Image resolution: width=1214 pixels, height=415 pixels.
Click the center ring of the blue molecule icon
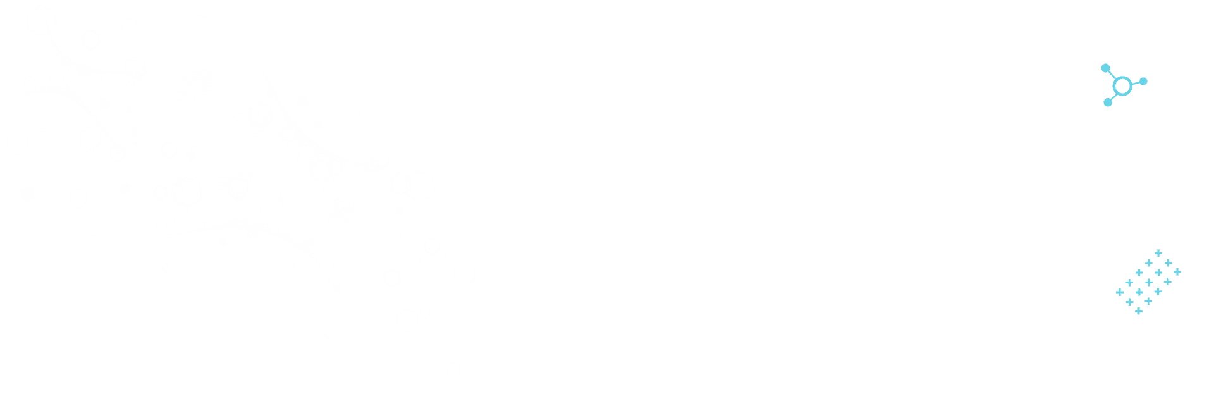point(1122,85)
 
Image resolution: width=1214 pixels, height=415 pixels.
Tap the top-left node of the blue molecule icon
point(1105,68)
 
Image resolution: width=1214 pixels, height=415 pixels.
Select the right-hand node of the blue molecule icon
point(1143,82)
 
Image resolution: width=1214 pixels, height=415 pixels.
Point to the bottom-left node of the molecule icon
point(1108,102)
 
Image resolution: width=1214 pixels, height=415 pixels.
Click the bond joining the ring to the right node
point(1134,83)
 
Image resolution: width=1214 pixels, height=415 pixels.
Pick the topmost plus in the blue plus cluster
point(1158,253)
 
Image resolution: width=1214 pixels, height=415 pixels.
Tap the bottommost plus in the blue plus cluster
point(1139,311)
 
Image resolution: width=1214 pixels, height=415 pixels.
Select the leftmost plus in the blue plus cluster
point(1119,292)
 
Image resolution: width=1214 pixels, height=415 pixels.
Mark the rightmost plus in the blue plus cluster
point(1177,272)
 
